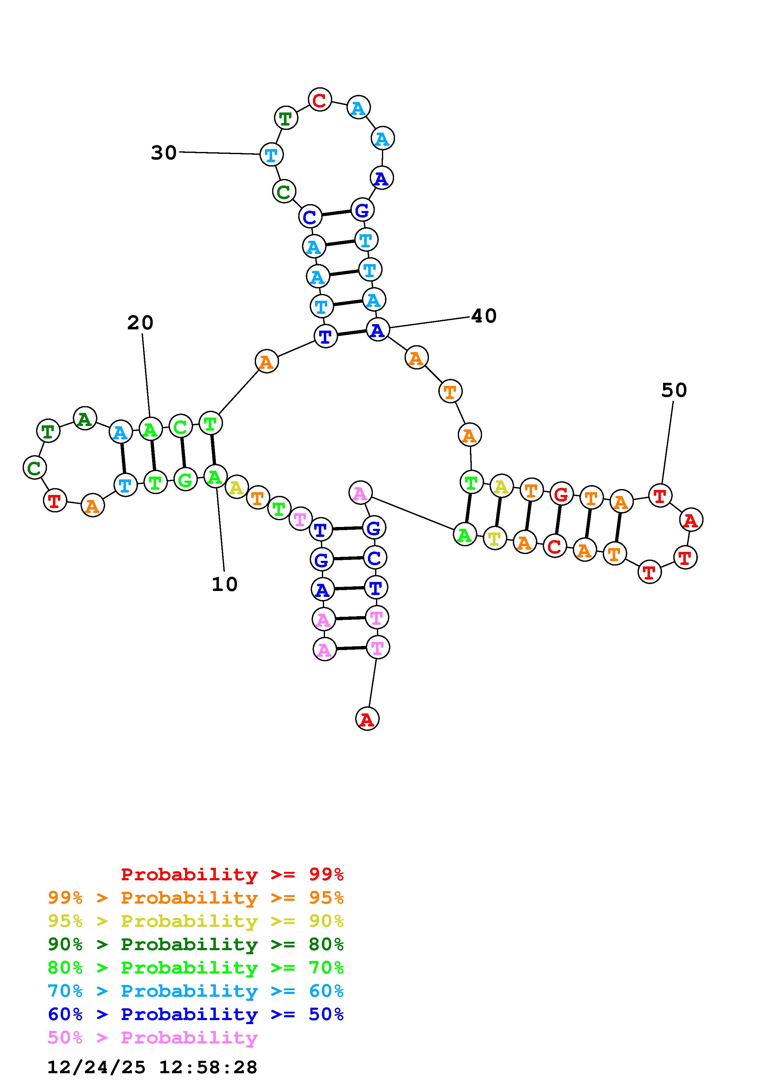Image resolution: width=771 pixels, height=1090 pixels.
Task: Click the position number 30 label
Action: pyautogui.click(x=163, y=153)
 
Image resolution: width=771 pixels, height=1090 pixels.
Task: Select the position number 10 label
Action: pyautogui.click(x=224, y=584)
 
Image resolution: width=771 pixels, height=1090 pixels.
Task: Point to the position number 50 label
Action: pyautogui.click(x=674, y=390)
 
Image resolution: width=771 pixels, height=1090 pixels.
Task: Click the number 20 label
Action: pyautogui.click(x=140, y=323)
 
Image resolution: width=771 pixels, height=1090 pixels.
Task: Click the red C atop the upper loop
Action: pyautogui.click(x=320, y=100)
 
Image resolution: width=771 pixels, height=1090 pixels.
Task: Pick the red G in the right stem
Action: pyautogui.click(x=561, y=495)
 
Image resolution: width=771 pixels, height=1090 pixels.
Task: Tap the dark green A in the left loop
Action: pyautogui.click(x=85, y=419)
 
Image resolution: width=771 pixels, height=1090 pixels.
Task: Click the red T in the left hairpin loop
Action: pyautogui.click(x=55, y=500)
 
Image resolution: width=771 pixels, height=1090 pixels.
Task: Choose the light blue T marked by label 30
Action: pyautogui.click(x=271, y=154)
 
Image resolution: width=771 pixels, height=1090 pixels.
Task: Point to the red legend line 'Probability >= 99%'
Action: pyautogui.click(x=232, y=874)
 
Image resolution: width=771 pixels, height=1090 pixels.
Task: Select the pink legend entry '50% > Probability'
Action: pyautogui.click(x=152, y=1037)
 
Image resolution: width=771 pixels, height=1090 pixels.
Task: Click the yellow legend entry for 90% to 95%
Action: pyautogui.click(x=196, y=921)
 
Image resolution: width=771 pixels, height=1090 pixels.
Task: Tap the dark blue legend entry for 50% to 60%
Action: pyautogui.click(x=196, y=1014)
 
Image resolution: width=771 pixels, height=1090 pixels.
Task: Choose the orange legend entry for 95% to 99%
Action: pyautogui.click(x=196, y=898)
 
